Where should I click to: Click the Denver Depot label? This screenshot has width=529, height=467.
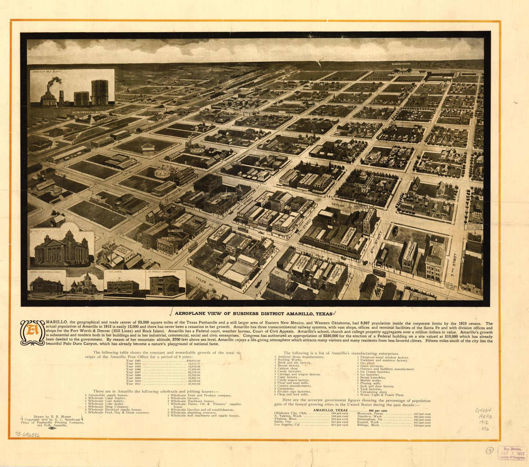(x=157, y=109)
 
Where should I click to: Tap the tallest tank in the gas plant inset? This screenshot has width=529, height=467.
(x=100, y=92)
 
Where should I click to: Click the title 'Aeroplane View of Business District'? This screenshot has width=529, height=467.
(x=253, y=314)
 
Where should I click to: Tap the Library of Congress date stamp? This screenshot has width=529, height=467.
(x=513, y=453)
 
